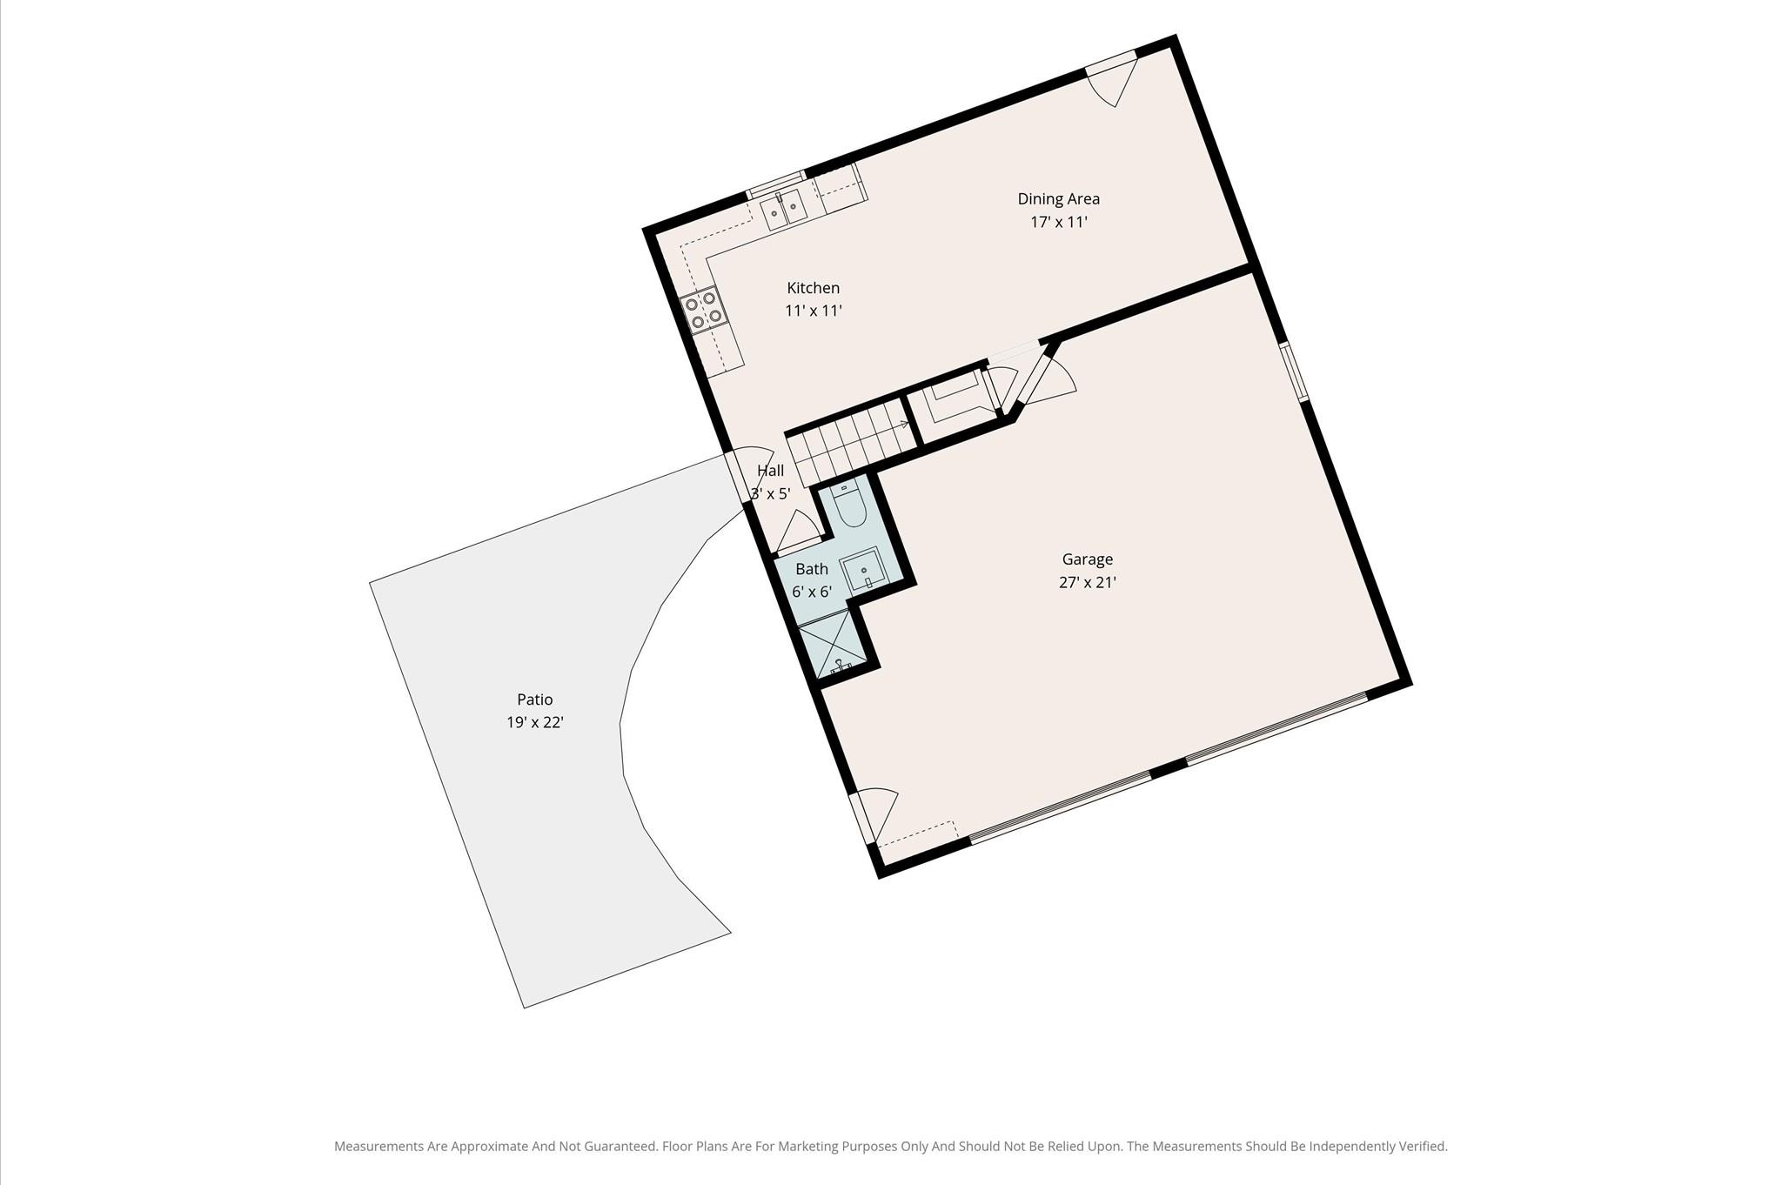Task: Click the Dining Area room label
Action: coord(1058,198)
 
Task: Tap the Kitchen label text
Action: coord(813,288)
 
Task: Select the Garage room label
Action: coord(1087,559)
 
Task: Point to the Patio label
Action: coord(534,700)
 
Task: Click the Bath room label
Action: coord(811,569)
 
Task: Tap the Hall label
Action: coord(770,471)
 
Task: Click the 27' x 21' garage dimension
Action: coord(1087,583)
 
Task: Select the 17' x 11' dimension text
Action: coord(1058,222)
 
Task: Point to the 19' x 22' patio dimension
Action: coord(534,722)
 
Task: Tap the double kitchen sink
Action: coord(784,210)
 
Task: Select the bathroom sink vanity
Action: coord(863,570)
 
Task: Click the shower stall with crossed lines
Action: coord(832,644)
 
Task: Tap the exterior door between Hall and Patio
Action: coord(747,477)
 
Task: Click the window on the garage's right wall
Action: coord(1294,372)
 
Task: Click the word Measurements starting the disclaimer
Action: coord(379,1147)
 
